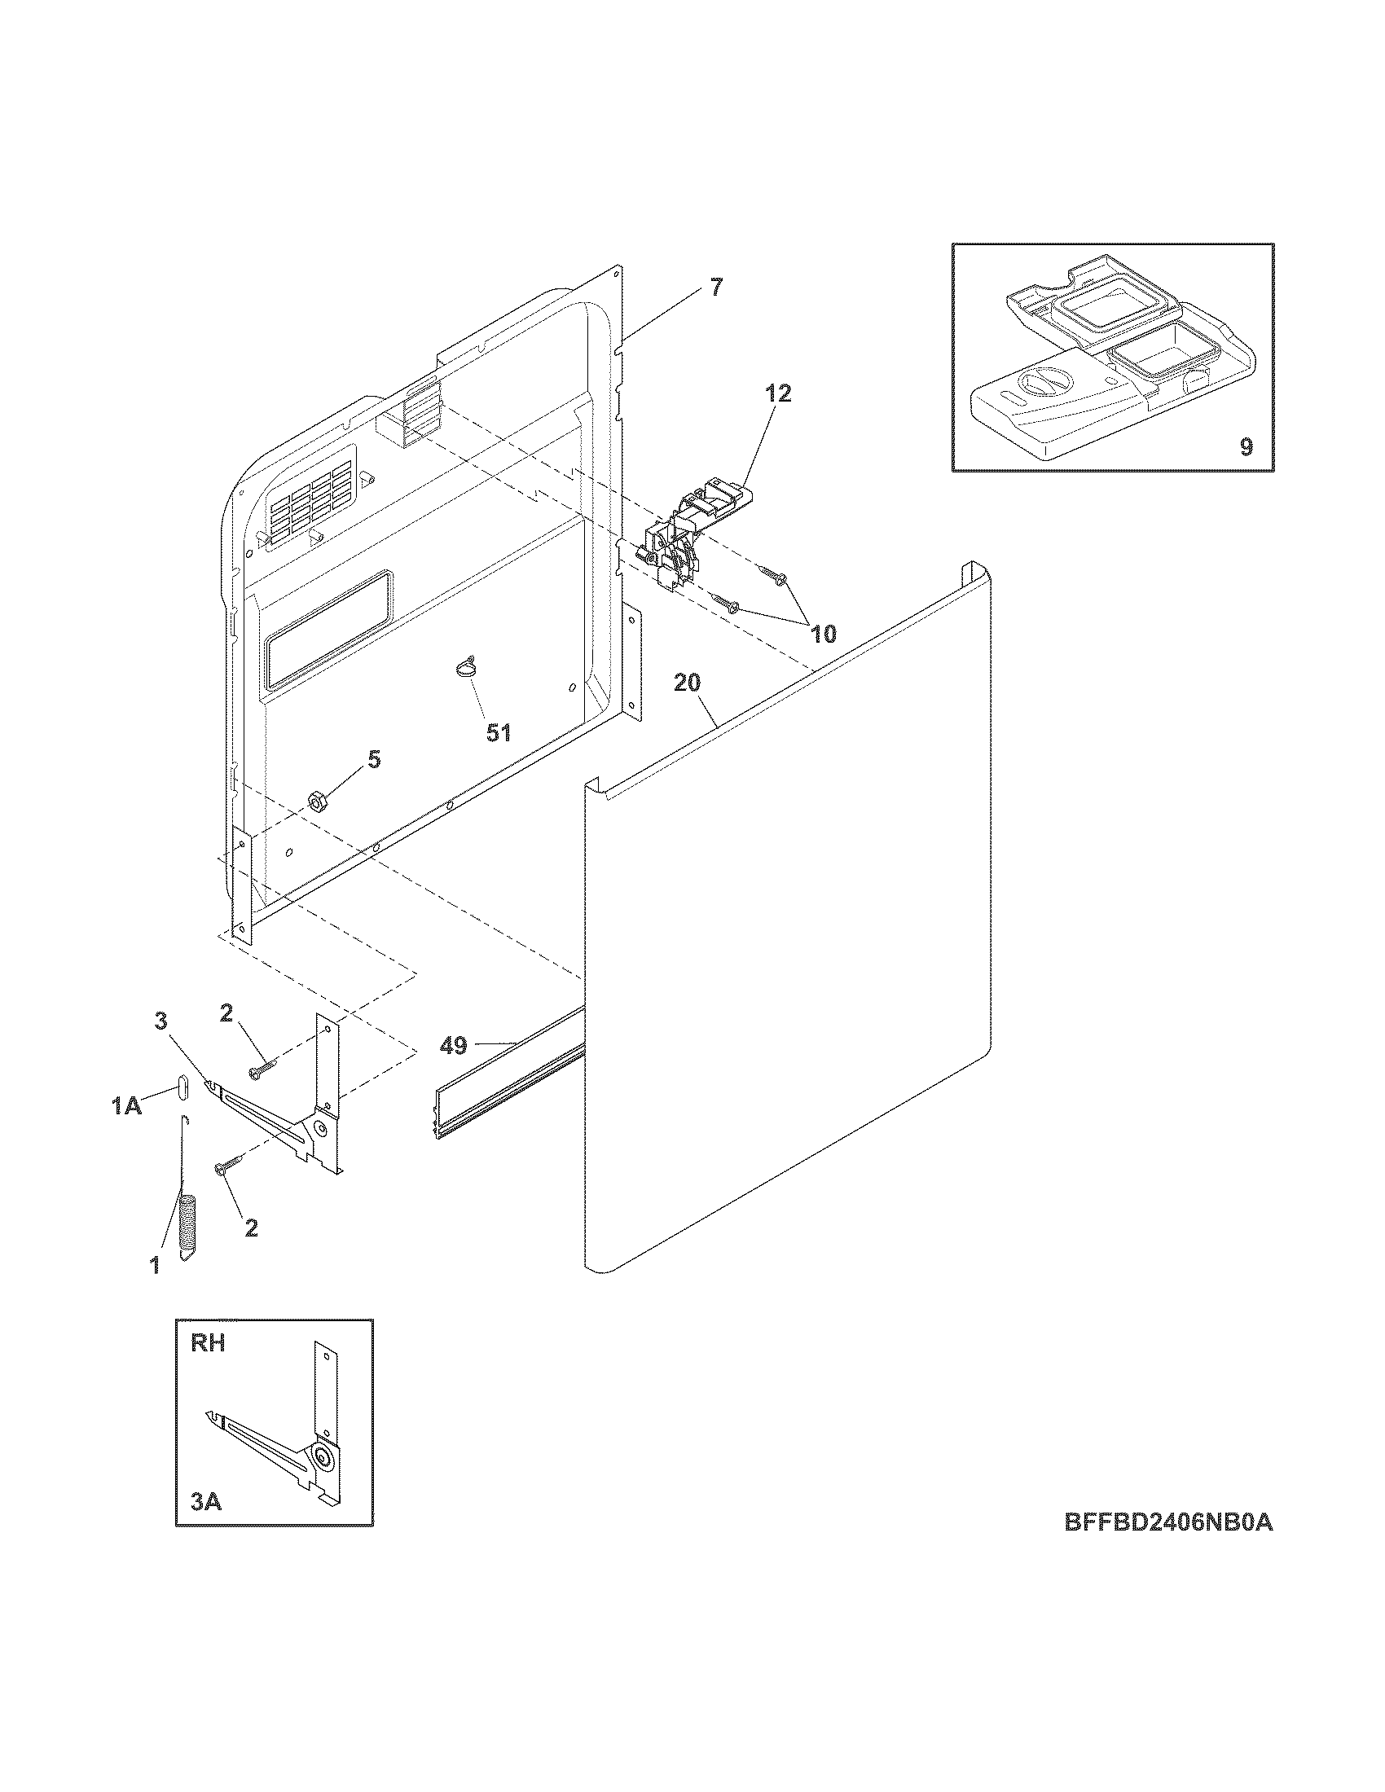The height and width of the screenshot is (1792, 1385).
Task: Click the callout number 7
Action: tap(716, 288)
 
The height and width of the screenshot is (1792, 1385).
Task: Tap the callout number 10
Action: tap(823, 634)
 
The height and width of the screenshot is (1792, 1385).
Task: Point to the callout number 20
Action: tap(688, 683)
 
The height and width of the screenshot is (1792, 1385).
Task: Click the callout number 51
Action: tap(499, 733)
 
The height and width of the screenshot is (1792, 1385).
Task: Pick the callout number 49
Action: tap(454, 1045)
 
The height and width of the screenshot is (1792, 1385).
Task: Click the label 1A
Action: tap(126, 1107)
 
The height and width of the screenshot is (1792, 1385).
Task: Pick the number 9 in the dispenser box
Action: tap(1246, 447)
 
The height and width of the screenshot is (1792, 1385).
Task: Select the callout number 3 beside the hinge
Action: tap(160, 1020)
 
